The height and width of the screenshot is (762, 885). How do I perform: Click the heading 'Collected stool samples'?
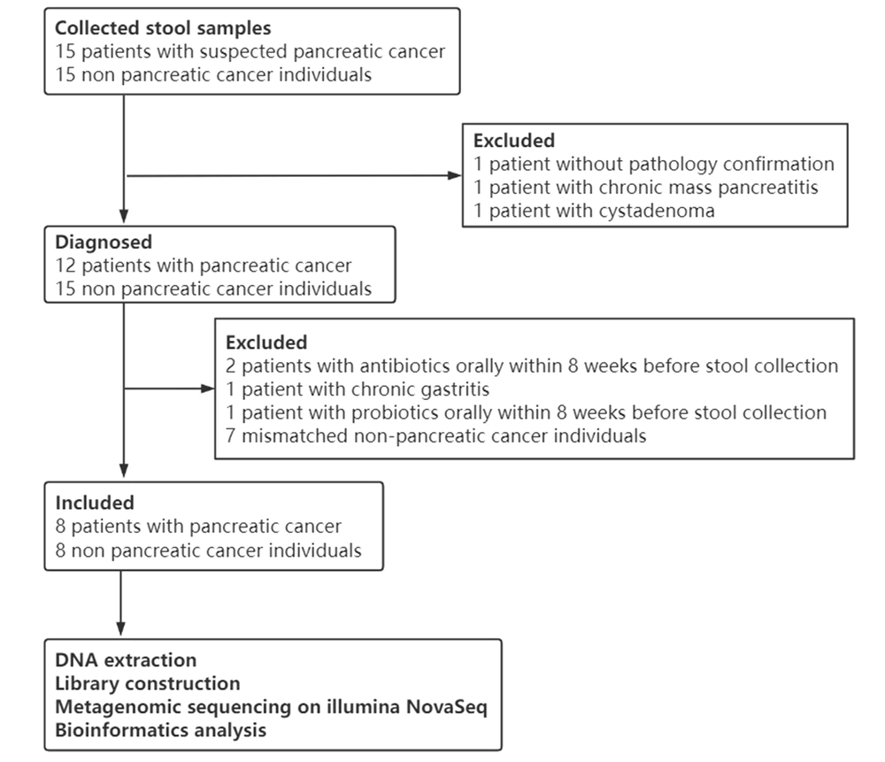163,28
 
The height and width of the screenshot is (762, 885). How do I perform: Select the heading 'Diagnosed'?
104,242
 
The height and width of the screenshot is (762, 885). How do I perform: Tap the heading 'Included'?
95,503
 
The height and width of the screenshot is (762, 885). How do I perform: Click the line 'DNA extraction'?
126,660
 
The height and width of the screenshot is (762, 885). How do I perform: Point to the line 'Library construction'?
148,683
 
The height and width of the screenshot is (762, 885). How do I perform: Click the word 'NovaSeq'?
446,706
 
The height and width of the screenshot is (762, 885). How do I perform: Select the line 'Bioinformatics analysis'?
161,730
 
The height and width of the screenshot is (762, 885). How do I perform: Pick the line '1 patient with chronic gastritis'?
358,389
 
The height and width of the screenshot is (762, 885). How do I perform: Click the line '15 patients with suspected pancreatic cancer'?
250,52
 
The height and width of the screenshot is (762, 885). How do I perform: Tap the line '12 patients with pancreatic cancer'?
204,266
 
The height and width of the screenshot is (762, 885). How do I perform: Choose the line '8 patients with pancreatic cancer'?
198,527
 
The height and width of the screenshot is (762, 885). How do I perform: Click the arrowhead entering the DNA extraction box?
120,628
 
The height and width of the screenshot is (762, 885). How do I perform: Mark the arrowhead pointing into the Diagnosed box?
124,216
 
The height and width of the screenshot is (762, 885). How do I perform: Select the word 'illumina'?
364,706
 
